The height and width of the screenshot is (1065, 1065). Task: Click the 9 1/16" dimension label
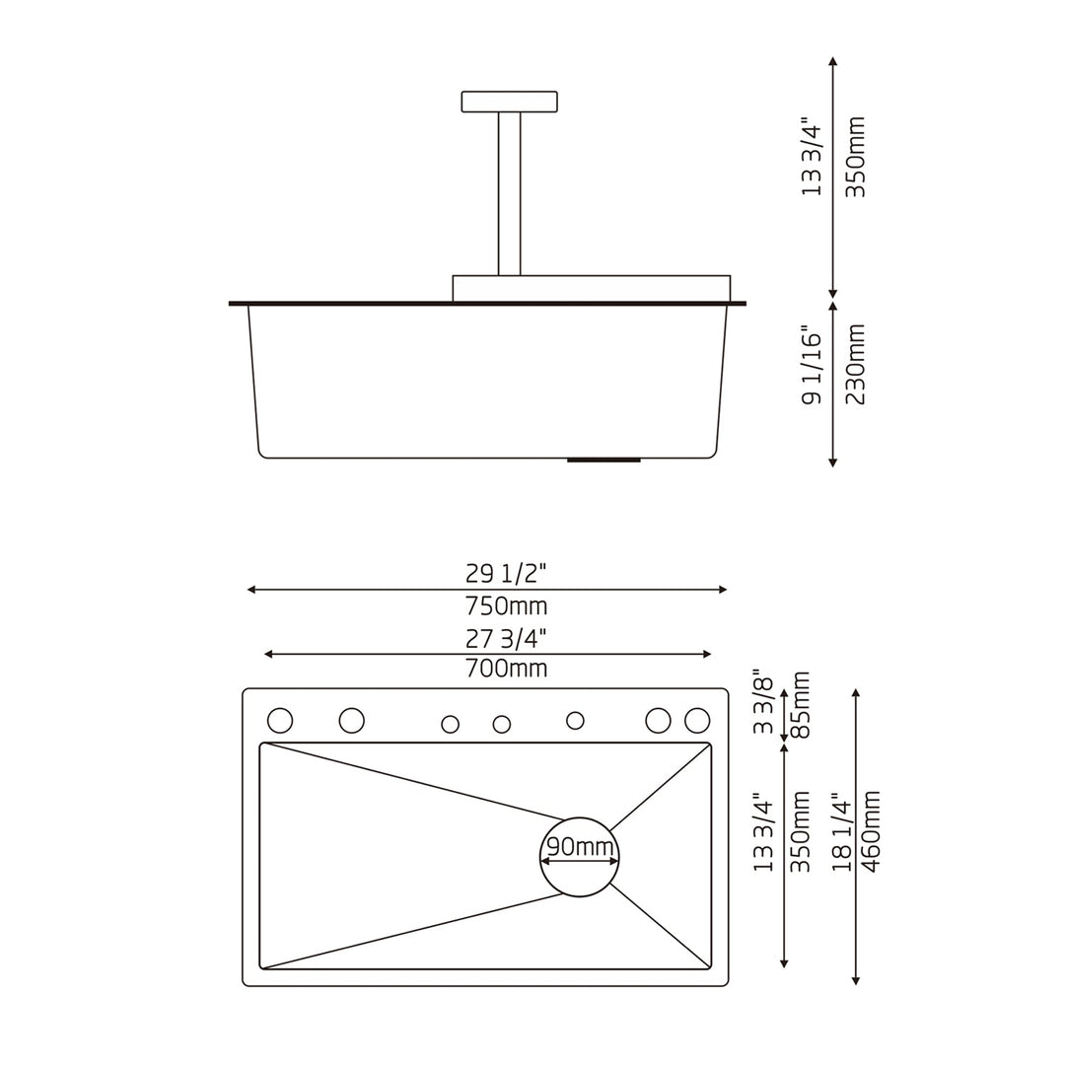811,365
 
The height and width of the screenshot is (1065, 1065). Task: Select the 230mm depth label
856,365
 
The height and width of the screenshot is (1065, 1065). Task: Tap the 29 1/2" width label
506,573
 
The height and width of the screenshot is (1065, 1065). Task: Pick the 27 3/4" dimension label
506,638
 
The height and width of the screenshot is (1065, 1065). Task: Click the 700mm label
506,670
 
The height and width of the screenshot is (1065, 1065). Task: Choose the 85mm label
801,705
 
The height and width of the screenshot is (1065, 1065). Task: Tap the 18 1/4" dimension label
841,831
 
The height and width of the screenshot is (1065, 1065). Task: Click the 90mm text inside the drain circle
580,847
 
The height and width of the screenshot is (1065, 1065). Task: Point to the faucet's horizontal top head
509,101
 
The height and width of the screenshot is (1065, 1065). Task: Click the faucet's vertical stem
509,193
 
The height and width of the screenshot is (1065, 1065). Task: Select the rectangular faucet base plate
591,288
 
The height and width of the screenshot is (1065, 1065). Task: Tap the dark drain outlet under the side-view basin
603,460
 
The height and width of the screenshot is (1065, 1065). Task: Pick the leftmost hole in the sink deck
280,721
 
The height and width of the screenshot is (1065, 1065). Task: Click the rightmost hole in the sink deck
697,721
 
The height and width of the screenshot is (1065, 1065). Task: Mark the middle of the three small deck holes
502,725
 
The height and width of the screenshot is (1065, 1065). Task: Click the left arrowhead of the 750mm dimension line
251,590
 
